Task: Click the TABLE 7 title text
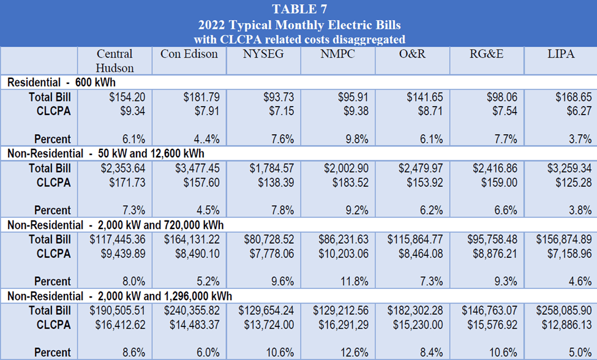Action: click(298, 9)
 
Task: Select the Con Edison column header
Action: click(189, 54)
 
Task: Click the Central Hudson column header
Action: click(115, 61)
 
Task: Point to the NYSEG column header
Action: click(263, 54)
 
